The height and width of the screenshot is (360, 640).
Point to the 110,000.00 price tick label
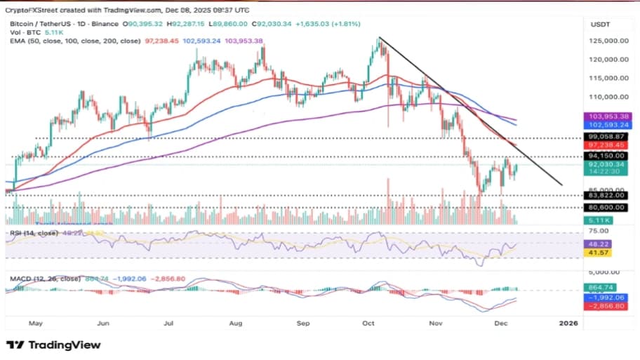(x=608, y=97)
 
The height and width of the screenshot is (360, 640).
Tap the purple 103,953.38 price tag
(x=607, y=116)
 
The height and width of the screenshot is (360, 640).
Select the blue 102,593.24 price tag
(x=607, y=124)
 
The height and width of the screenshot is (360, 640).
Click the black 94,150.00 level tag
(x=607, y=156)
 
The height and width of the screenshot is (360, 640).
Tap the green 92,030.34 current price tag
(x=607, y=165)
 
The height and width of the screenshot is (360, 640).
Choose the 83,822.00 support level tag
(x=607, y=196)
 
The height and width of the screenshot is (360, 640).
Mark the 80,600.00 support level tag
(x=607, y=208)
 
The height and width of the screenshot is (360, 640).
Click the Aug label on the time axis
(x=236, y=324)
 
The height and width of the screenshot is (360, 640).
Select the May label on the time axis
(x=36, y=324)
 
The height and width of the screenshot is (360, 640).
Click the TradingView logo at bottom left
(x=53, y=345)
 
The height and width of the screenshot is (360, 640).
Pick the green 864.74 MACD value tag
(x=602, y=288)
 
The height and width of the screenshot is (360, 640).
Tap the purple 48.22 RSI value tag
(x=602, y=244)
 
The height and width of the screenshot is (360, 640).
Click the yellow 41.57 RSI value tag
(x=602, y=253)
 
